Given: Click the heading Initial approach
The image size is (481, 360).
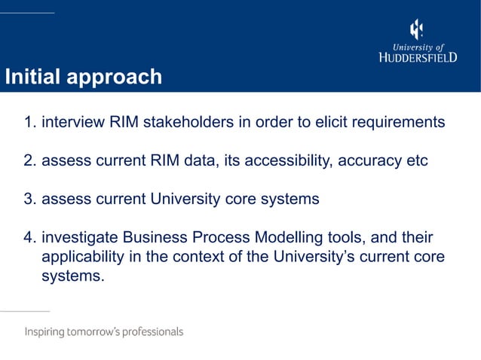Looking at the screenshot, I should coord(83,77).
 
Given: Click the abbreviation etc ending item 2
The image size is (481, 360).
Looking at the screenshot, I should coord(416,161).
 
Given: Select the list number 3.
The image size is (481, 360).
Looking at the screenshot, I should coord(29,200).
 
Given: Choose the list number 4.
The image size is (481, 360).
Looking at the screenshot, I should coord(29,239).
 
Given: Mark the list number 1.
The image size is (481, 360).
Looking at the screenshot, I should coord(29,122).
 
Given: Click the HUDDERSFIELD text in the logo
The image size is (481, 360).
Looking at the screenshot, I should coord(417,57).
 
